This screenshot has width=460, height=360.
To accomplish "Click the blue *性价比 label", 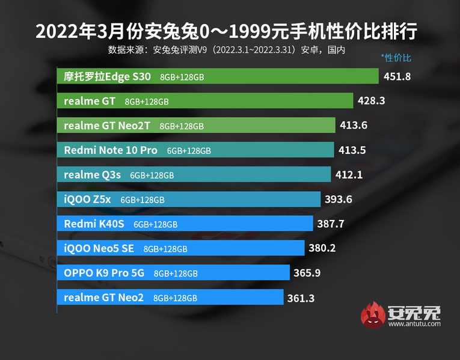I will tap(396, 58).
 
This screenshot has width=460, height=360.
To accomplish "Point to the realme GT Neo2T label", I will tap(108, 126).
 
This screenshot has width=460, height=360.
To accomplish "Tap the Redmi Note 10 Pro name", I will tap(111, 150).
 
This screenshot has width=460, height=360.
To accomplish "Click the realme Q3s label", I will tap(93, 175).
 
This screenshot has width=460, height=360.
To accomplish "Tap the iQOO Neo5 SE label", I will tap(99, 248).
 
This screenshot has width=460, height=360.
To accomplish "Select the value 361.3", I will tap(301, 297).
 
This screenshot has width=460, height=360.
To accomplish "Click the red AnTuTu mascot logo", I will tap(372, 316).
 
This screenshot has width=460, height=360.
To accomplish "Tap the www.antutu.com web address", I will tap(414, 324).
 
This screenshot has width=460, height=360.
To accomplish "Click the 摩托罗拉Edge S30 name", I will tap(108, 76).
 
